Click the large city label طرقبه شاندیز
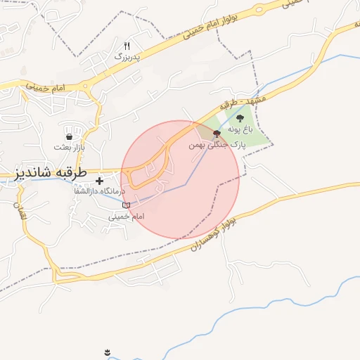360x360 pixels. point(46,173)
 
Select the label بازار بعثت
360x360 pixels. point(70,147)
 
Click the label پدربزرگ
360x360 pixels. point(128,55)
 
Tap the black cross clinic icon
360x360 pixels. point(99,181)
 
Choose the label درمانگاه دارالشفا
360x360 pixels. point(98,191)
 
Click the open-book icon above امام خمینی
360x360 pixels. point(126,205)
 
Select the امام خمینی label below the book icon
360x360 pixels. point(126,217)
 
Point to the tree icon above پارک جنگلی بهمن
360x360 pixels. point(216,134)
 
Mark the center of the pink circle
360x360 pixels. point(180,180)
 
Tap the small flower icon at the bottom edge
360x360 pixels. point(107,352)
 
